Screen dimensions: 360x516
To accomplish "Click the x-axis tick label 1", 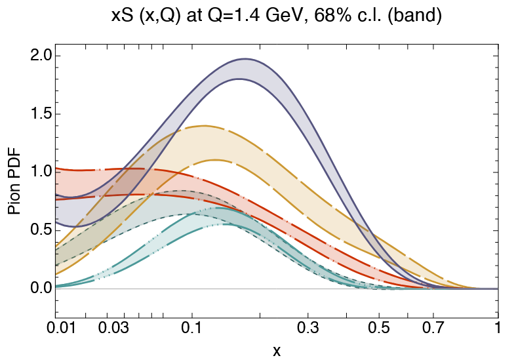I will pos(498,328).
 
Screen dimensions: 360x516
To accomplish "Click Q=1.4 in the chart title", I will pos(222,17).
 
